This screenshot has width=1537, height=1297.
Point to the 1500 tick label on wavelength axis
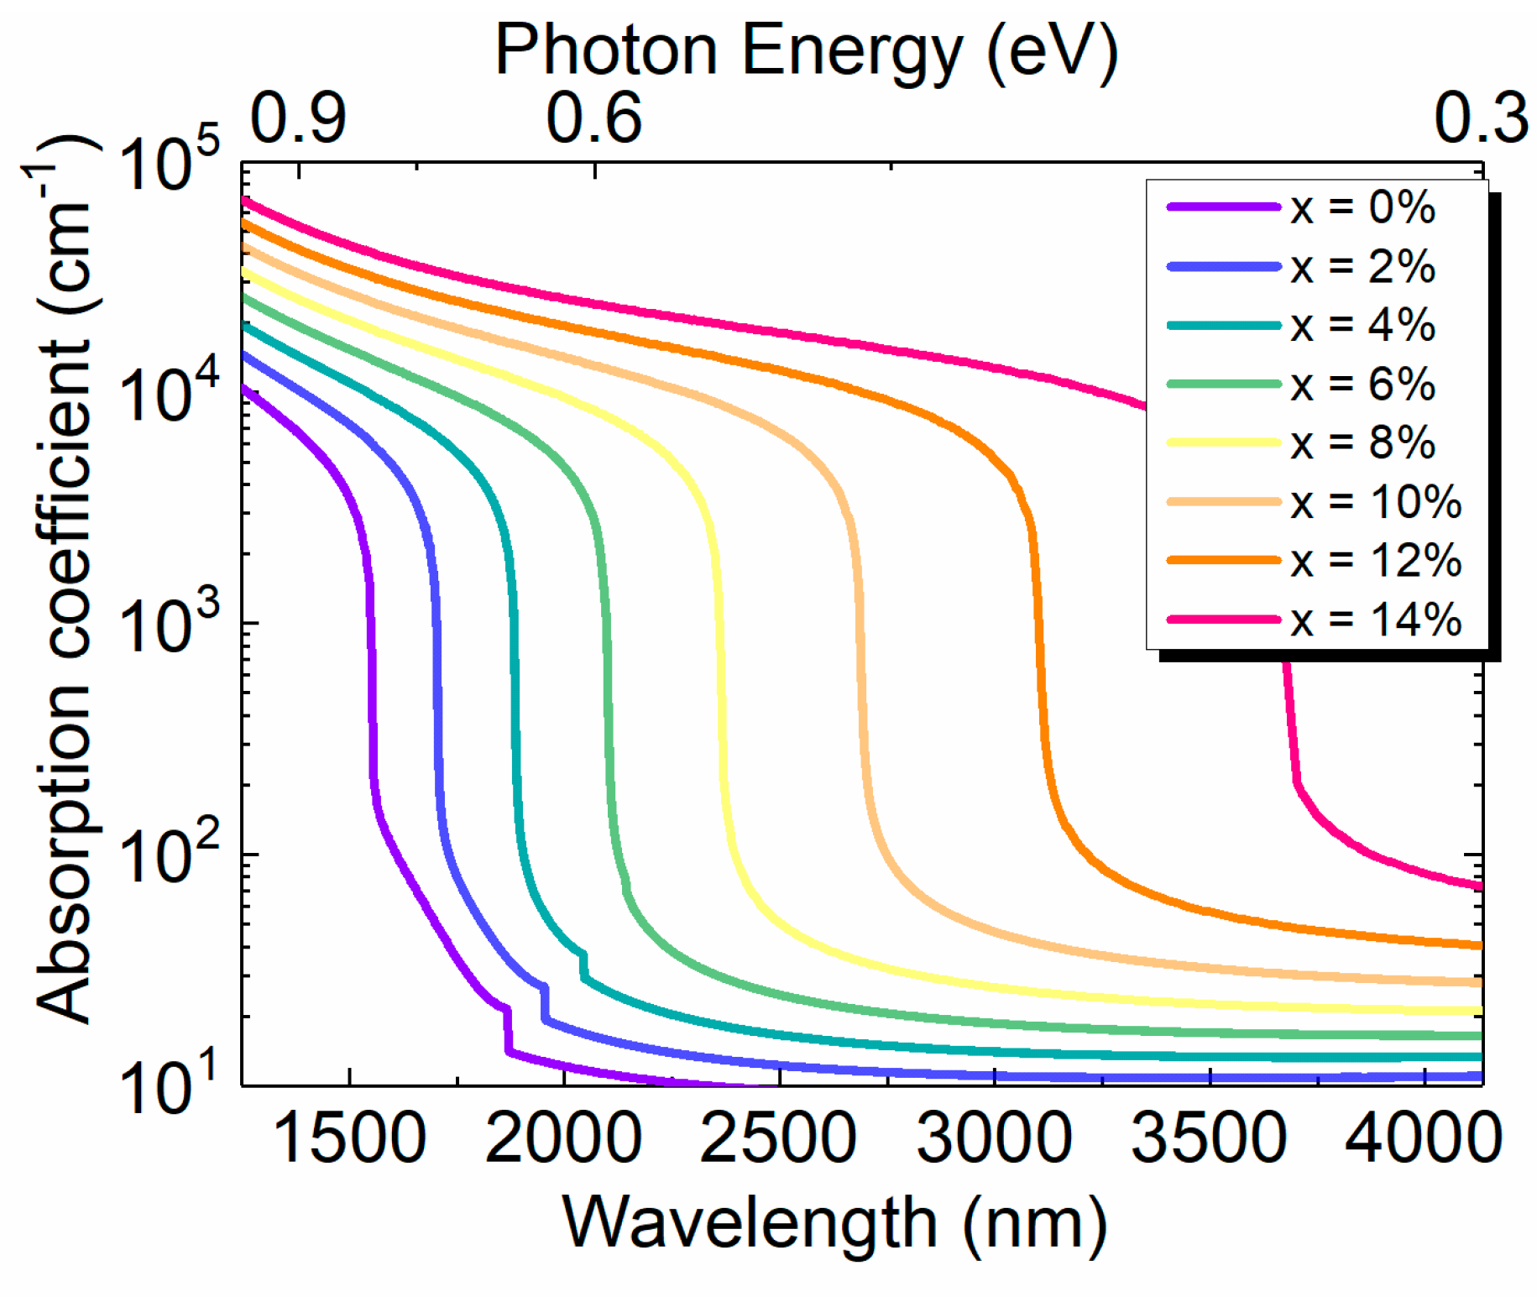[x=349, y=1138]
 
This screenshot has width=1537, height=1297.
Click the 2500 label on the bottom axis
[x=779, y=1138]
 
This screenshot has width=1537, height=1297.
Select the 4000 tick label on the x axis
[x=1423, y=1138]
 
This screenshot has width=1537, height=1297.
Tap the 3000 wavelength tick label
[x=994, y=1138]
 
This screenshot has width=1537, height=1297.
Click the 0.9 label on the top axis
[x=298, y=118]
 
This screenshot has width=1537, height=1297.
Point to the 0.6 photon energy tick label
[x=594, y=118]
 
